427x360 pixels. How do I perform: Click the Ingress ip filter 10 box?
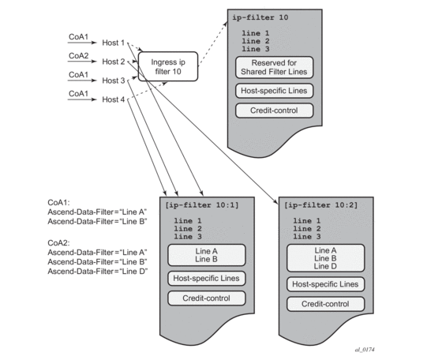[x=168, y=66]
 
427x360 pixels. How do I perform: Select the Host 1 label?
[x=114, y=43]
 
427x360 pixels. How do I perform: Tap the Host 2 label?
[x=114, y=62]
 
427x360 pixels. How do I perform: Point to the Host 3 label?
[x=114, y=81]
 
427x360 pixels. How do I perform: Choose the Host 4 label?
[x=114, y=99]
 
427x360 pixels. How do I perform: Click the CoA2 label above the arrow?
[x=78, y=56]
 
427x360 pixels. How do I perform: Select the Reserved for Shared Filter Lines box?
[x=274, y=67]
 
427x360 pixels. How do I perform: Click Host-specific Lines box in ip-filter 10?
[x=274, y=91]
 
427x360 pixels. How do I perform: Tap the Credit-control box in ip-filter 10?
[x=274, y=111]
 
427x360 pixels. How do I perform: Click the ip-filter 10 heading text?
[x=260, y=17]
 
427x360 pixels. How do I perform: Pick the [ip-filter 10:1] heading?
[x=202, y=205]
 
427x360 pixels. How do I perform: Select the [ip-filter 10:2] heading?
[x=320, y=205]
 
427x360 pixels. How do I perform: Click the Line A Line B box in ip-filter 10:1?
[x=207, y=255]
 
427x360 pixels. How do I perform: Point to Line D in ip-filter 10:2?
[x=325, y=266]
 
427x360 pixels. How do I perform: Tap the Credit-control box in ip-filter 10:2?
[x=325, y=304]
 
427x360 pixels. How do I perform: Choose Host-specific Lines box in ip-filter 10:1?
[x=207, y=279]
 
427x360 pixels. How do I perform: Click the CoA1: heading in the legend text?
[x=59, y=203]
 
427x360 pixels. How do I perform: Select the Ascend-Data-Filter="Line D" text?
[x=98, y=272]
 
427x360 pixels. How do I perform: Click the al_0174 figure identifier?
[x=365, y=350]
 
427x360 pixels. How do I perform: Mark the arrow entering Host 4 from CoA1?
[x=82, y=99]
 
